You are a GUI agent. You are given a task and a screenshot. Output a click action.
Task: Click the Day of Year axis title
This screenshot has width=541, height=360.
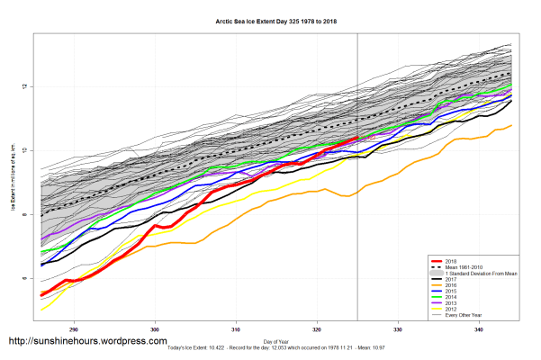coord(275,339)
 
